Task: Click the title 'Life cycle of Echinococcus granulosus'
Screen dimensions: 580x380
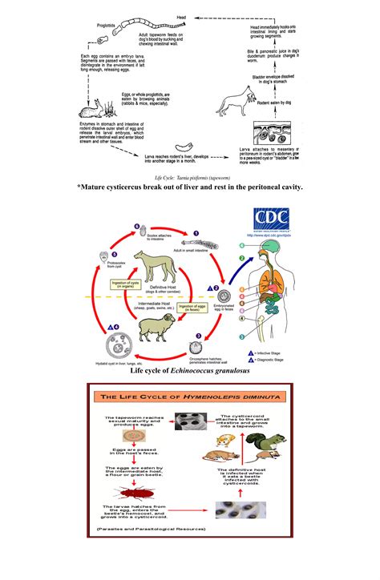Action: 190,371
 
